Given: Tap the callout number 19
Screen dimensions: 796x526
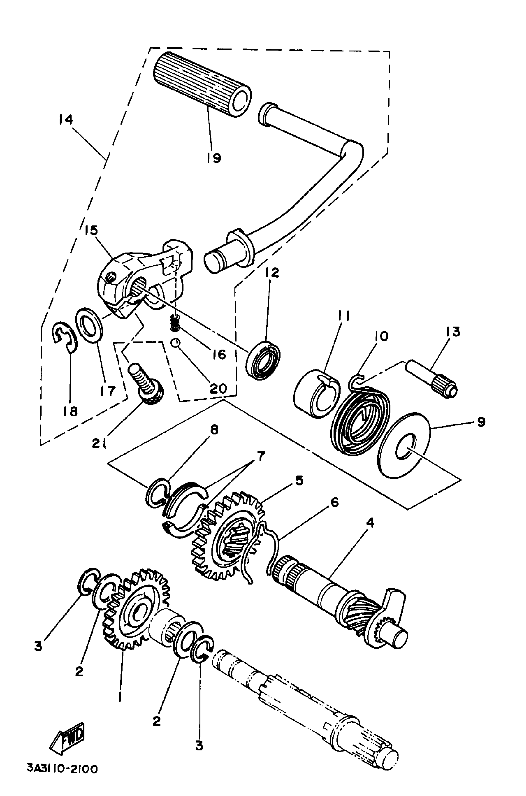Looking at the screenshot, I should click(x=214, y=157).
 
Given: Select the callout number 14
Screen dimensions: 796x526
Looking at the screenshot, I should click(x=65, y=120).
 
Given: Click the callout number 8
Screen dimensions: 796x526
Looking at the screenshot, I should click(x=214, y=429).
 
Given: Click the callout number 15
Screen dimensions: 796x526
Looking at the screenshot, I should click(x=91, y=231).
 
